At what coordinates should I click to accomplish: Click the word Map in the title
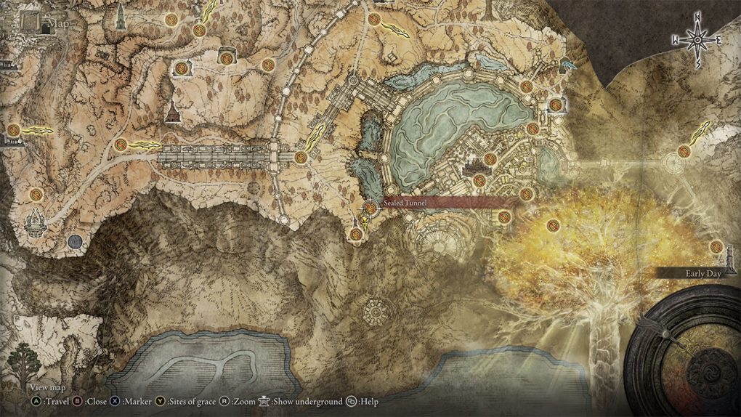pyautogui.click(x=59, y=25)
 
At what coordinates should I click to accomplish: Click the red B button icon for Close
pyautogui.click(x=78, y=401)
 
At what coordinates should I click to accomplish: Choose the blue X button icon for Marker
pyautogui.click(x=115, y=401)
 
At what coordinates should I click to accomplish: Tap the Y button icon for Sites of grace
pyautogui.click(x=160, y=401)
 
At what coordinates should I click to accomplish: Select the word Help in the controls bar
pyautogui.click(x=370, y=401)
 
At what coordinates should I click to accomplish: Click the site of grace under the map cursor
pyautogui.click(x=370, y=208)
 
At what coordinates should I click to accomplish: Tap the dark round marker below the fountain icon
pyautogui.click(x=74, y=240)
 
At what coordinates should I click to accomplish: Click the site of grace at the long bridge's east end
pyautogui.click(x=300, y=157)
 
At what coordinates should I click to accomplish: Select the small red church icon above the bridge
pyautogui.click(x=173, y=113)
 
